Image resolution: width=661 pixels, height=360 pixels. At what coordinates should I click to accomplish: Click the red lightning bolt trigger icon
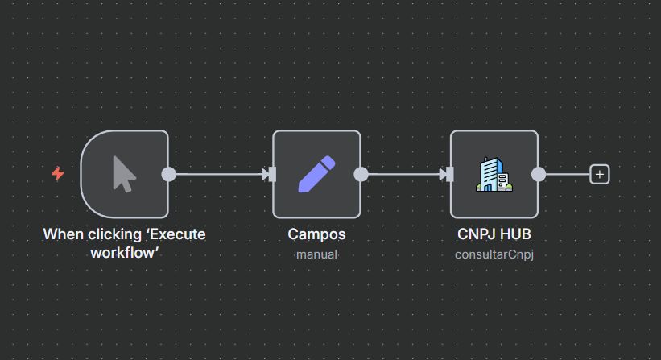[58, 173]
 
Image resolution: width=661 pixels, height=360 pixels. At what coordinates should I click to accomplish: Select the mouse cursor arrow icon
[123, 174]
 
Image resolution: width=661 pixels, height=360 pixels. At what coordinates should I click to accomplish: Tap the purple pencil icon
[316, 174]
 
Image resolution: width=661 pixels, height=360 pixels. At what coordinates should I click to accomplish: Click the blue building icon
[493, 174]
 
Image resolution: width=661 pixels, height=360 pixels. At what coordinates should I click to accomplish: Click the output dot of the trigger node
[168, 174]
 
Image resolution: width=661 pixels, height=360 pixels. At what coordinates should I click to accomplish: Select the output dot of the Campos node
[361, 174]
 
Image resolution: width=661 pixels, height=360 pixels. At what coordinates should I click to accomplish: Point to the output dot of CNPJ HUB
[539, 174]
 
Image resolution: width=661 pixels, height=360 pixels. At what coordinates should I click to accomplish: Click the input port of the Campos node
[272, 174]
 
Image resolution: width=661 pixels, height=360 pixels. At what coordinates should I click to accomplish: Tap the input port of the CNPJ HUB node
[450, 174]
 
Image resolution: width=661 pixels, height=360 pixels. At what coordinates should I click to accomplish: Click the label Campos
[316, 235]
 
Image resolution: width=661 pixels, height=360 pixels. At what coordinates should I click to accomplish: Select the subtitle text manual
[316, 254]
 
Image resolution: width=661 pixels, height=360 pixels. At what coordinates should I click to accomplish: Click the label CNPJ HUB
[494, 235]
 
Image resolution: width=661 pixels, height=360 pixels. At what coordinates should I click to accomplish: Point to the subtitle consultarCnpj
[494, 254]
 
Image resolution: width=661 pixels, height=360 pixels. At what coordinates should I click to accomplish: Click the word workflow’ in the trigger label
[124, 251]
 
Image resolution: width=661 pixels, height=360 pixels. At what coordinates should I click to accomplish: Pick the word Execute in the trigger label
[179, 235]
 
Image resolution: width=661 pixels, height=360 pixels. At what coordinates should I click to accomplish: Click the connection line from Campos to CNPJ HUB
[403, 174]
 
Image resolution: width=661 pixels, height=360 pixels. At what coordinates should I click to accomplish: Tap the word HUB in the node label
[514, 235]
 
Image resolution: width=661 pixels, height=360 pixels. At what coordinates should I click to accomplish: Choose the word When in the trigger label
[62, 235]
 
